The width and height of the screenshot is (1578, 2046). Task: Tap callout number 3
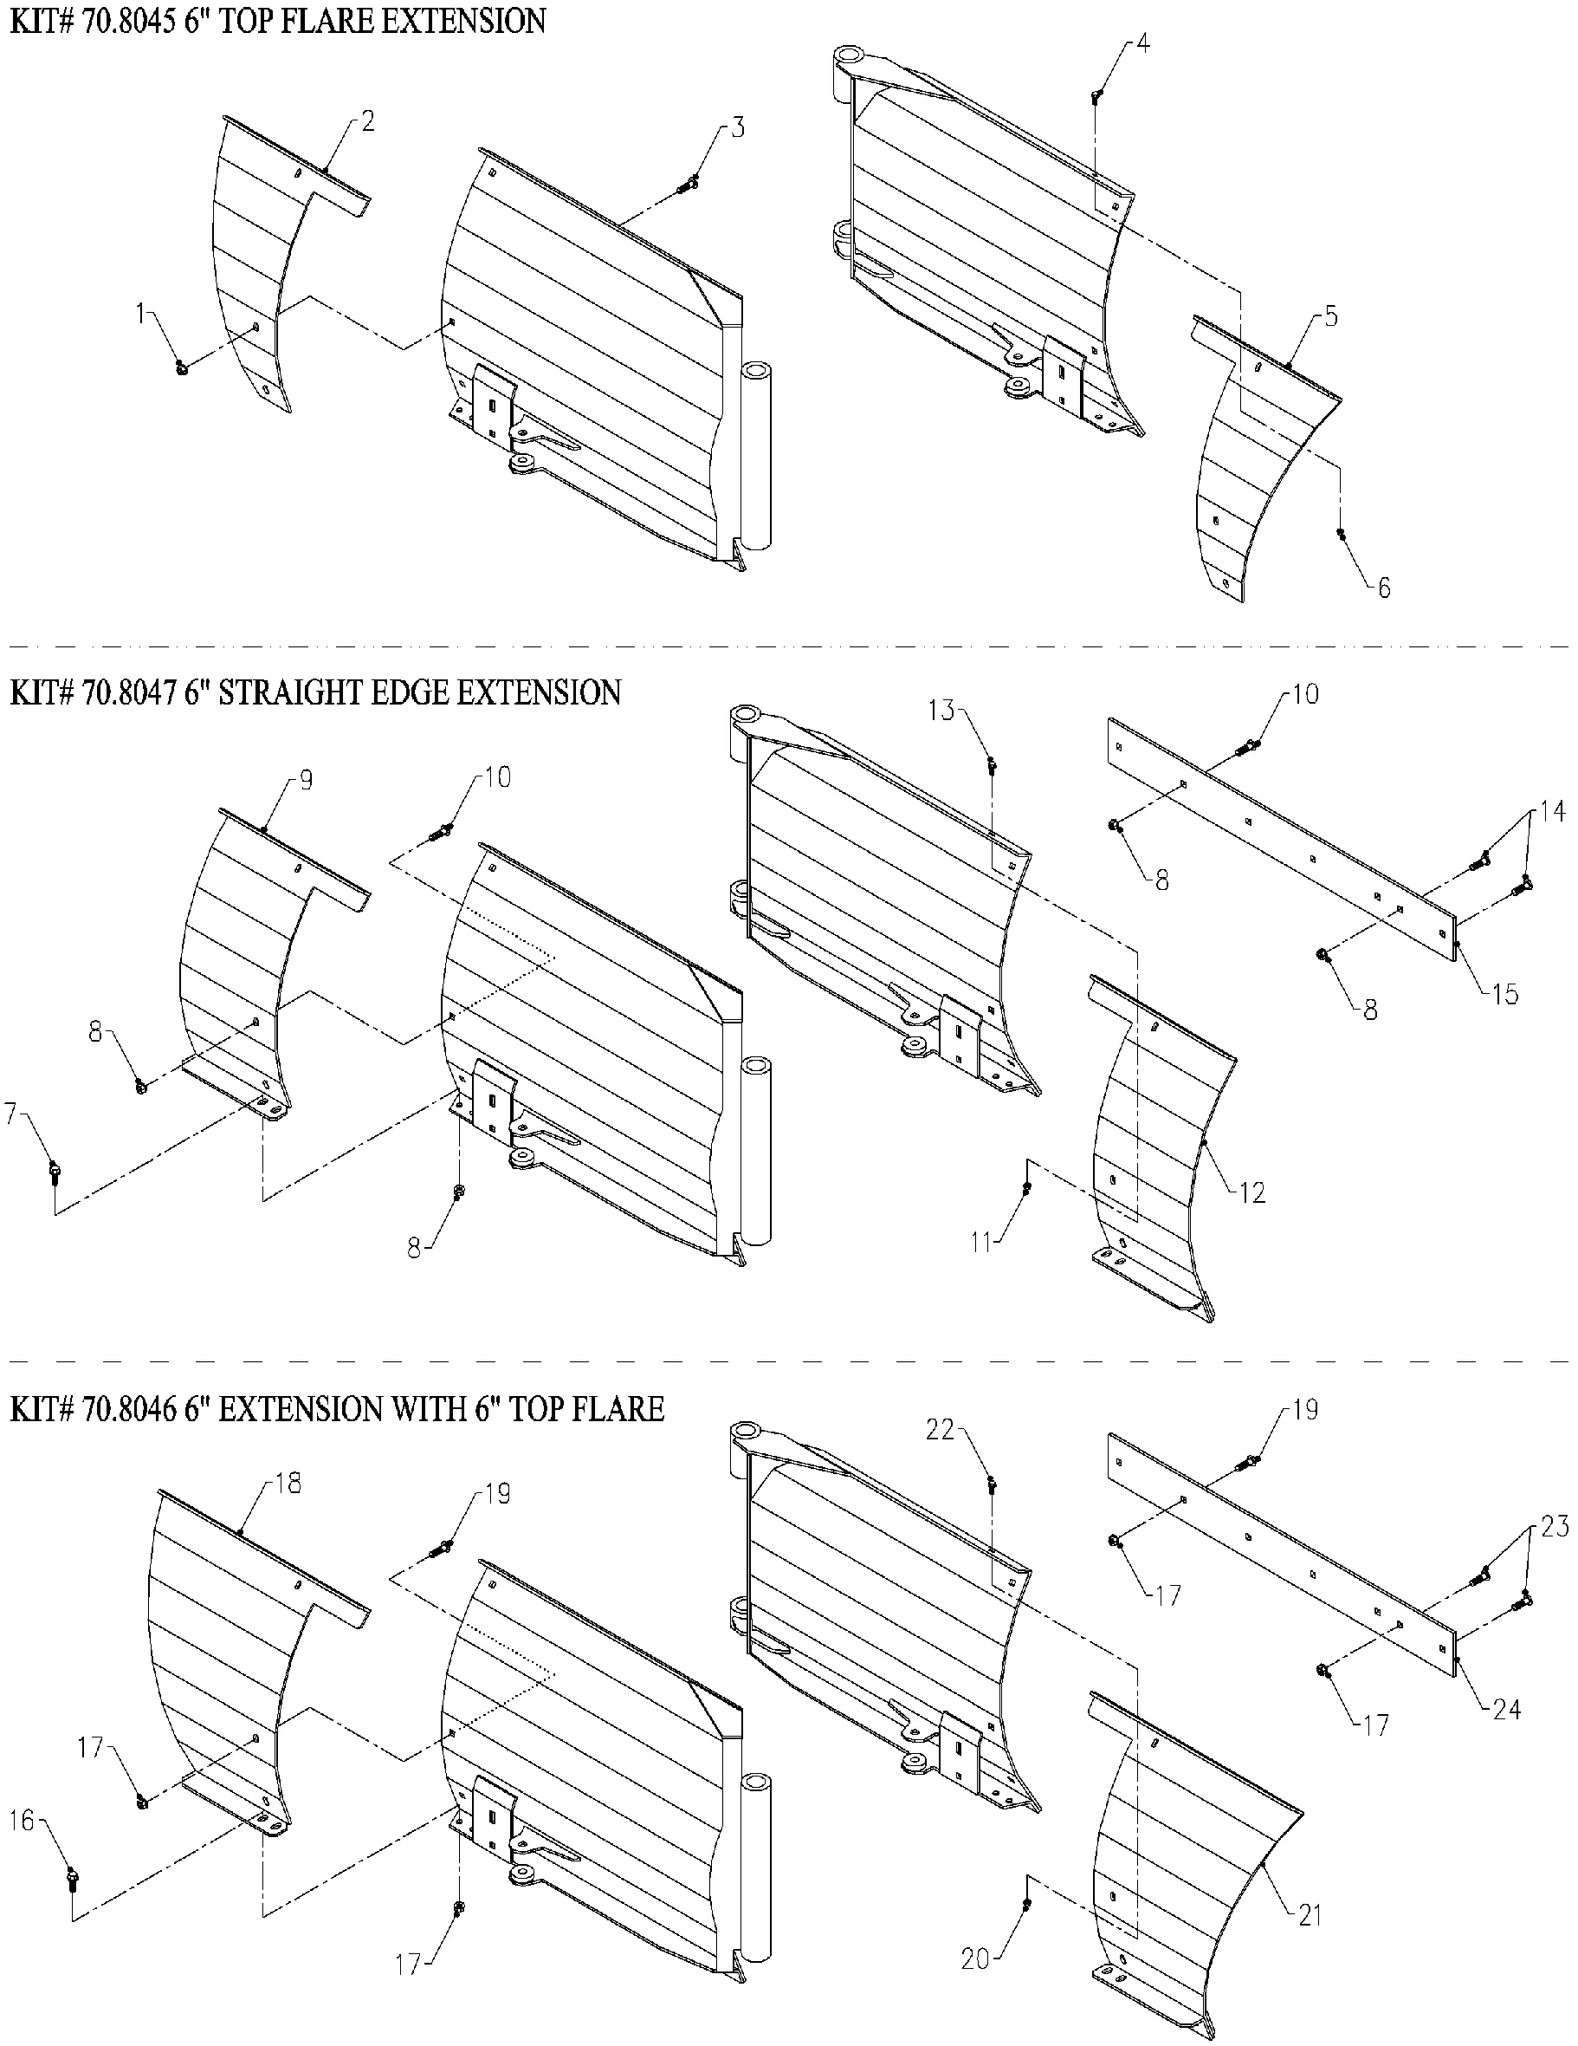click(x=738, y=128)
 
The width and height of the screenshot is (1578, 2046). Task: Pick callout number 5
click(x=1331, y=316)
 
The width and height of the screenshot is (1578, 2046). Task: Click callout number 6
click(x=1383, y=588)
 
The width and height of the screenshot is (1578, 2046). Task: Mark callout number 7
click(x=12, y=1114)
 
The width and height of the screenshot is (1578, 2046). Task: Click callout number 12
click(x=1252, y=1192)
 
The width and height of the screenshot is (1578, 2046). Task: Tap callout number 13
click(x=942, y=711)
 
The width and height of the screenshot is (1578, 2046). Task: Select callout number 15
click(x=1505, y=994)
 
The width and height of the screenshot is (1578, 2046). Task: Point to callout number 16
click(x=23, y=1820)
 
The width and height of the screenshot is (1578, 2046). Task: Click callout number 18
click(x=288, y=1484)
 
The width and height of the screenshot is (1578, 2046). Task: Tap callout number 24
click(x=1506, y=1710)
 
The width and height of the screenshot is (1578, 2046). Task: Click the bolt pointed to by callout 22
click(x=992, y=1484)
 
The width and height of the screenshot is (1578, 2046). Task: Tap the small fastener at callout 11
click(x=1028, y=1188)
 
